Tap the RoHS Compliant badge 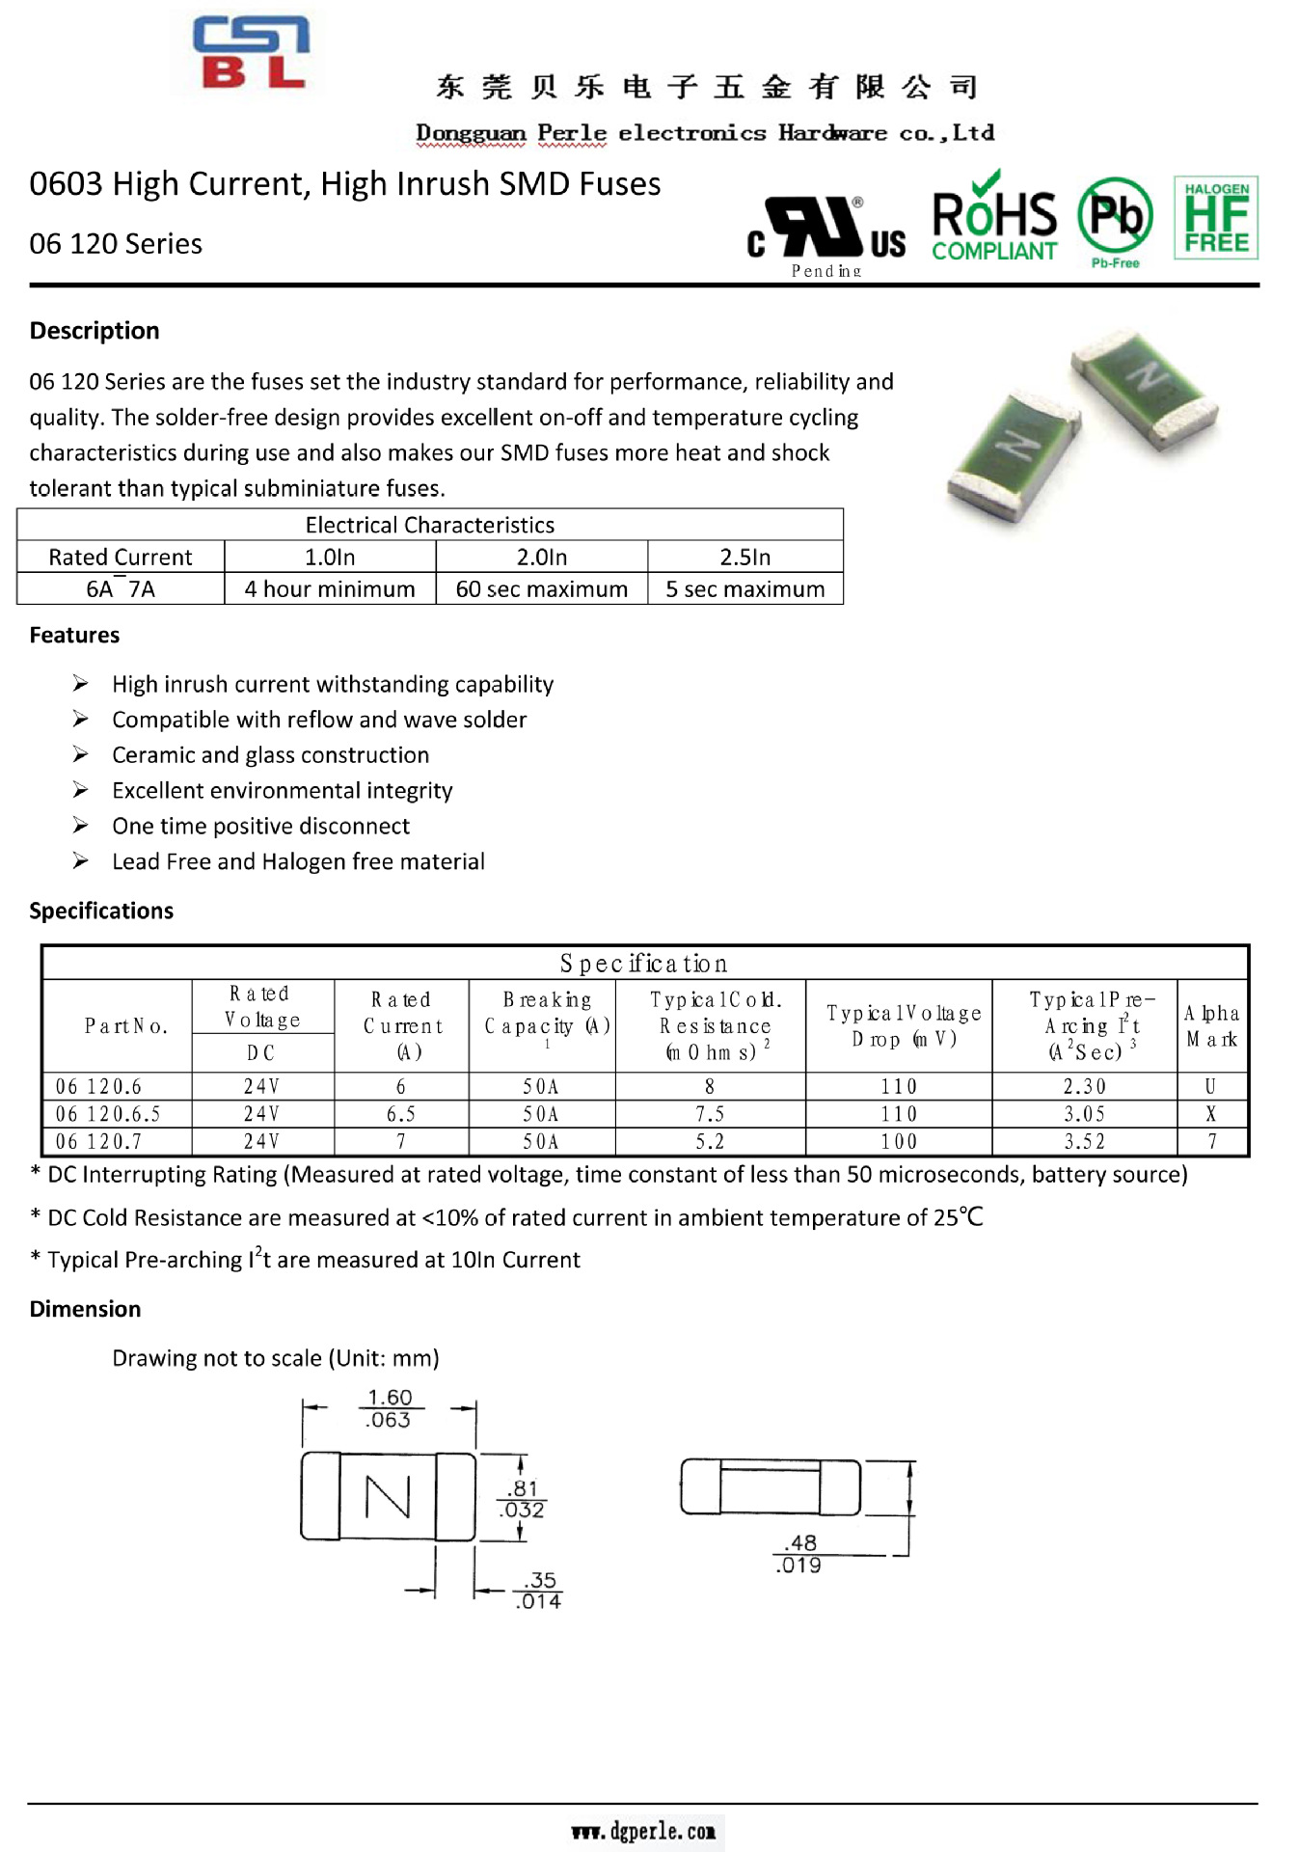pyautogui.click(x=994, y=218)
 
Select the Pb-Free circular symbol pyautogui.click(x=1115, y=219)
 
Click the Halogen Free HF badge pyautogui.click(x=1215, y=218)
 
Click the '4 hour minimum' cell pyautogui.click(x=330, y=589)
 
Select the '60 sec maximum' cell pyautogui.click(x=541, y=589)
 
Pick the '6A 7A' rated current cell pyautogui.click(x=121, y=589)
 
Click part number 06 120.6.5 pyautogui.click(x=108, y=1114)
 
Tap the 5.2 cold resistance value pyautogui.click(x=710, y=1142)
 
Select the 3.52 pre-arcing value pyautogui.click(x=1084, y=1142)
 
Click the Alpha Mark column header pyautogui.click(x=1211, y=1025)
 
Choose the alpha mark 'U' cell pyautogui.click(x=1211, y=1087)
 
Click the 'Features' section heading pyautogui.click(x=74, y=636)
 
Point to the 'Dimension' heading pyautogui.click(x=85, y=1309)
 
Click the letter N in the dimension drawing pyautogui.click(x=388, y=1497)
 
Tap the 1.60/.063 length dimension pyautogui.click(x=389, y=1408)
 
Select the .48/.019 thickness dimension pyautogui.click(x=799, y=1554)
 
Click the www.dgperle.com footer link pyautogui.click(x=643, y=1832)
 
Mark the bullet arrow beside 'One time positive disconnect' pyautogui.click(x=81, y=826)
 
